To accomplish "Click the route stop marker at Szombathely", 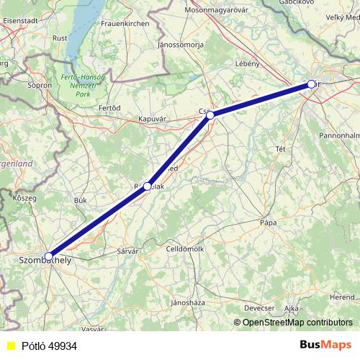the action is click(48, 256).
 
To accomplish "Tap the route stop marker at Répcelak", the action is click(147, 186).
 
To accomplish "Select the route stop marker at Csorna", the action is click(210, 115).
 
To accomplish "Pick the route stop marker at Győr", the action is click(312, 84).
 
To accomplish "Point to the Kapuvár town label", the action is click(153, 120).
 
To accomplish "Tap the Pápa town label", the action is click(269, 223).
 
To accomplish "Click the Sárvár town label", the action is click(127, 251).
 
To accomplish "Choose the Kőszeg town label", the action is click(24, 197).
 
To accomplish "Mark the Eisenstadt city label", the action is click(20, 22).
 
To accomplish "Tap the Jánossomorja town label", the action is click(181, 45).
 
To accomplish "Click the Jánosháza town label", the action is click(185, 302).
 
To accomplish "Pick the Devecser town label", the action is click(259, 307).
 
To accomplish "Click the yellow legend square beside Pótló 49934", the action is click(11, 346).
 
